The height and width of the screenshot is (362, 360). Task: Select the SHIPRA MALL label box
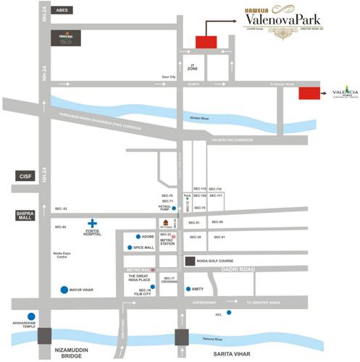[x=24, y=215]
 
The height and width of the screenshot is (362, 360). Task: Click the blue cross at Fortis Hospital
[x=92, y=223]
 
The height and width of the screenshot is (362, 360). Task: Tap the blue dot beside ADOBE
[x=138, y=237]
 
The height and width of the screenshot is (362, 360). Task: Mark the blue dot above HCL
[x=229, y=313]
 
